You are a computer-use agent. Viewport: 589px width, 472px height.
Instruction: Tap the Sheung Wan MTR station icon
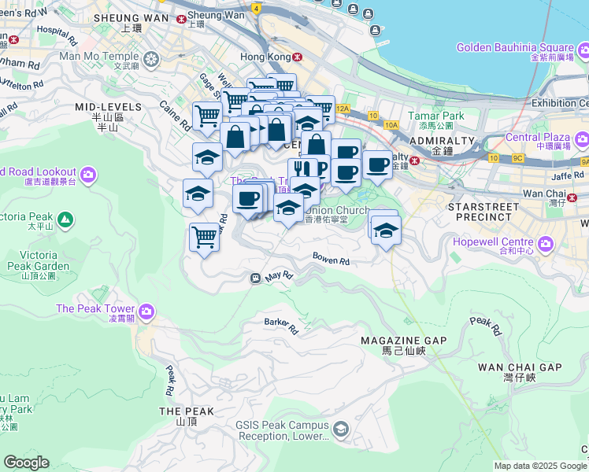(x=182, y=17)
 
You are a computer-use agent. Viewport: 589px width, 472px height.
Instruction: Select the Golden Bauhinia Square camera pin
(x=583, y=53)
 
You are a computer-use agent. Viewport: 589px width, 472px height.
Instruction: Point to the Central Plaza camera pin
(x=582, y=140)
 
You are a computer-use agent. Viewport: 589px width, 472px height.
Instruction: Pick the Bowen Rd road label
(x=331, y=258)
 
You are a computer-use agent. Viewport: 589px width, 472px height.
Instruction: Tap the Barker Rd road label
(x=282, y=324)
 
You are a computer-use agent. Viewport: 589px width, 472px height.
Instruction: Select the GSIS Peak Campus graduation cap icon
(x=340, y=429)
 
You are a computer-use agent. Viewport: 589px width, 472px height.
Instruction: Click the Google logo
(x=26, y=463)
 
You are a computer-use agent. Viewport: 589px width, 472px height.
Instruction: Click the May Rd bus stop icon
(x=256, y=278)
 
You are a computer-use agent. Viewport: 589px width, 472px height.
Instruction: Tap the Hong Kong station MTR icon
(x=297, y=57)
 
